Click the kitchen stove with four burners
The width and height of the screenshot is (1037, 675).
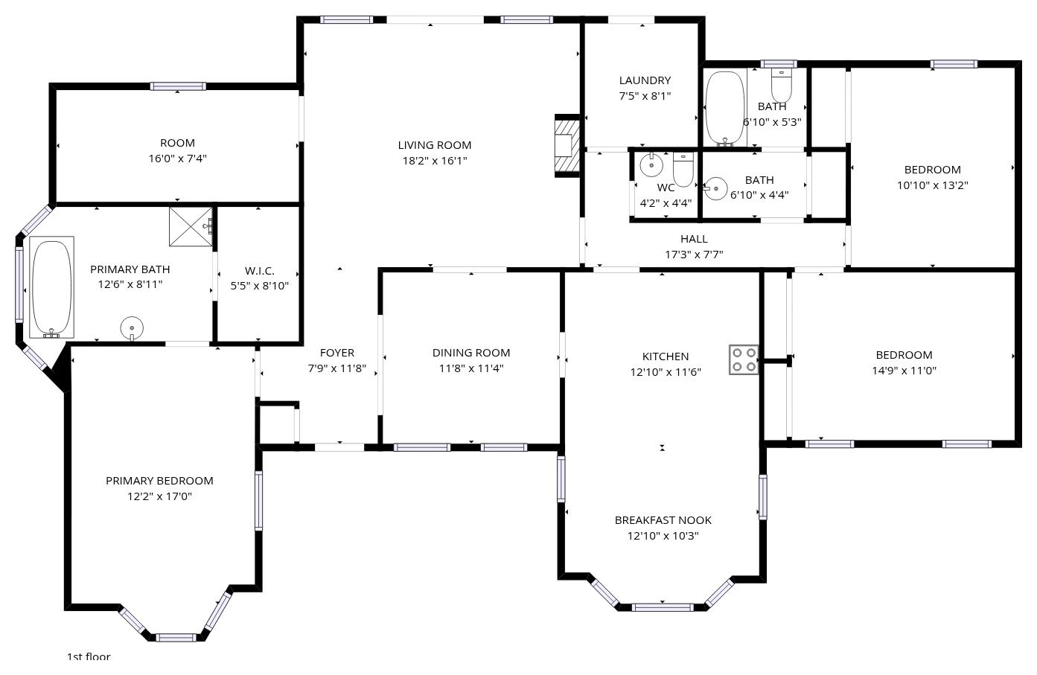744,359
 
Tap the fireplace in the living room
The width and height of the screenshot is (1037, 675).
567,146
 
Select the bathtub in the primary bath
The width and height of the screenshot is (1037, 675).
52,287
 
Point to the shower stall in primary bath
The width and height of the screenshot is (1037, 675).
191,226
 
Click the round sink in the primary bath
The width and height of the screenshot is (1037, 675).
132,328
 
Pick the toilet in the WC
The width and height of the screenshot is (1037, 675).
683,170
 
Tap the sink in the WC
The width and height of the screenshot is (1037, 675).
651,164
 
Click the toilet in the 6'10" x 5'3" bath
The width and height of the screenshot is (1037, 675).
782,85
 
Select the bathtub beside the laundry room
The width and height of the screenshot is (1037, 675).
725,109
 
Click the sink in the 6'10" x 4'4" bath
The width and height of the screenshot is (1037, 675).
715,188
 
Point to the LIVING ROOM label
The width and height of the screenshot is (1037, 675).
435,145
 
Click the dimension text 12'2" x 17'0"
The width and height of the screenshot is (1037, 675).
160,496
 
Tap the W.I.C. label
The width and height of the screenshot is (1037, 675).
260,270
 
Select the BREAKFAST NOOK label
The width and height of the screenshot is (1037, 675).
663,520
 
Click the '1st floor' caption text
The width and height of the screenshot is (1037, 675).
89,656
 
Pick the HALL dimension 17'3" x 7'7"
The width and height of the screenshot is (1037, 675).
694,255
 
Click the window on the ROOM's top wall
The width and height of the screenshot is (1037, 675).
178,86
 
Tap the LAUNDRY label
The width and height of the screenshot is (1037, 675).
645,80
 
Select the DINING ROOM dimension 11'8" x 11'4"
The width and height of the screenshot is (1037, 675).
471,368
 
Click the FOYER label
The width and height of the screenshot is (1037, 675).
337,352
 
